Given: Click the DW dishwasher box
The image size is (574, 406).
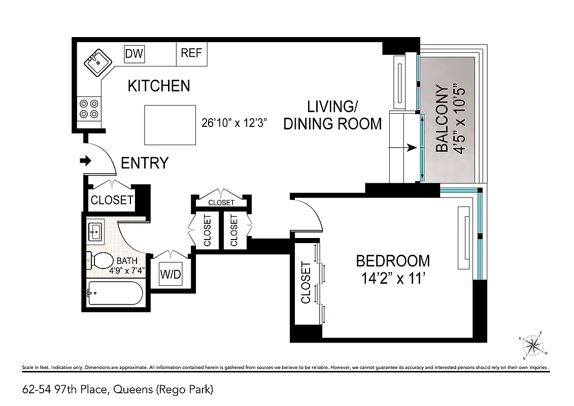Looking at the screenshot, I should pos(134,53).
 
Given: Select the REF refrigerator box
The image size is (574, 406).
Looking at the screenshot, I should pos(191,53).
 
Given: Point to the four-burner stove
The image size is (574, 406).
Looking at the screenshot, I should pos(89,109).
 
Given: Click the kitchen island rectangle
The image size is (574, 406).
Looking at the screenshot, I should pos(170,124).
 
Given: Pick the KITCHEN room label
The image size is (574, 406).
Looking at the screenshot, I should pos(158,86).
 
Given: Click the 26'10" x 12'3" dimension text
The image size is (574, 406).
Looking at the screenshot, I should pos(234,123).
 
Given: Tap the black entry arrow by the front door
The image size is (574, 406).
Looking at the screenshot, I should pos(85,161).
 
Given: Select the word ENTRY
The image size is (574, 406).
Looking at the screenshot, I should pos(145,163).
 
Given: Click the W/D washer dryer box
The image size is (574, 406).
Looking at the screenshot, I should pos(171,275).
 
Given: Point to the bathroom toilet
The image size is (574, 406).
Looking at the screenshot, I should pos(100,261).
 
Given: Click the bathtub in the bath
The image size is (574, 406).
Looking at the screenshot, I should pos(116,293).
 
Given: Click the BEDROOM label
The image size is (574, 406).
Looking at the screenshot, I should pos(393,261).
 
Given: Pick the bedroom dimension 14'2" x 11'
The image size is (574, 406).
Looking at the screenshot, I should pos(393,279).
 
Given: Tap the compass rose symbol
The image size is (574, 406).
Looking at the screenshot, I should pos(533,346).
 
